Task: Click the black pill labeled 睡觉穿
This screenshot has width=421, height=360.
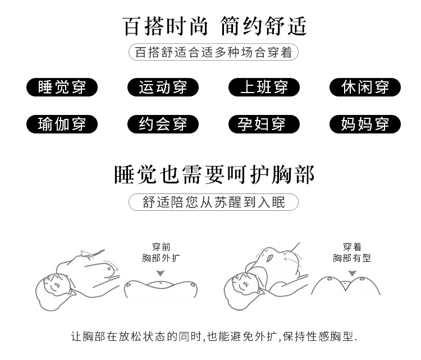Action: (x=62, y=87)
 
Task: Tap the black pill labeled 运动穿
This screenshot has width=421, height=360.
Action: (x=163, y=87)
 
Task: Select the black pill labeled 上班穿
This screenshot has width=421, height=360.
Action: (x=264, y=87)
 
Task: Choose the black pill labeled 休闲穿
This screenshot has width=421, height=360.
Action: (x=365, y=87)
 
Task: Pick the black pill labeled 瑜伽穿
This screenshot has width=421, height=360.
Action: (x=62, y=124)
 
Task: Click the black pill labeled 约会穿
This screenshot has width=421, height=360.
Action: (x=163, y=124)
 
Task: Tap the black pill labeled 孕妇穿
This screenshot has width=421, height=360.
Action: (x=264, y=124)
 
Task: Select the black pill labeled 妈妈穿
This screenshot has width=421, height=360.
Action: (x=365, y=124)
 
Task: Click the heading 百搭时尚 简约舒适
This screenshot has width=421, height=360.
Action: (x=214, y=26)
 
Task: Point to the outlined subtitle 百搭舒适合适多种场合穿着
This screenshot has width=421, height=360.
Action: (x=213, y=52)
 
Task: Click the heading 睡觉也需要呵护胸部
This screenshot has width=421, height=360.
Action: (x=214, y=174)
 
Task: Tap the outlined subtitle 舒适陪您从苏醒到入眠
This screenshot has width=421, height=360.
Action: (x=213, y=202)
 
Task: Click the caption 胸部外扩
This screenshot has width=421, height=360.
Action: (x=161, y=258)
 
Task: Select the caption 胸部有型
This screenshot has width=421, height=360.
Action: (x=352, y=258)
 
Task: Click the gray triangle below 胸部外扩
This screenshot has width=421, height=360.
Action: (x=161, y=273)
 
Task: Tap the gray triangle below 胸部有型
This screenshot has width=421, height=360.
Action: (x=352, y=273)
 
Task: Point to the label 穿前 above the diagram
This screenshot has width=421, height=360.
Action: (x=161, y=247)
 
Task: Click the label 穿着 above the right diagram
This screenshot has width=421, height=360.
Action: (x=352, y=247)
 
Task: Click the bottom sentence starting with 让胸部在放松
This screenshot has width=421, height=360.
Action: (x=214, y=336)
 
